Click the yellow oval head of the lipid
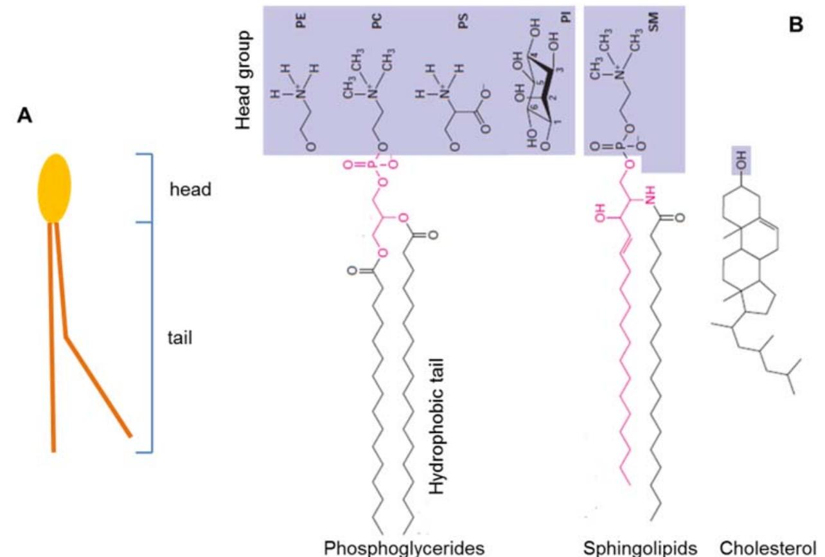pos(55,188)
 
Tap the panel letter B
pos(795,24)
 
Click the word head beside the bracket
pos(190,190)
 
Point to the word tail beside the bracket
pos(180,337)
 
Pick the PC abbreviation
pos(377,21)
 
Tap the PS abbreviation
pos(462,21)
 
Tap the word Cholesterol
pos(772,547)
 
